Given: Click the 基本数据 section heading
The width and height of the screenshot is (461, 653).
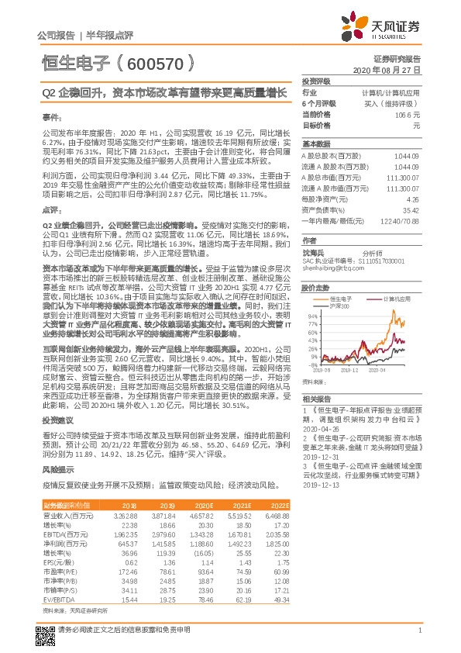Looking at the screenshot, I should [316, 144].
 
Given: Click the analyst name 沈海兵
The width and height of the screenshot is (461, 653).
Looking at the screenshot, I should [315, 252].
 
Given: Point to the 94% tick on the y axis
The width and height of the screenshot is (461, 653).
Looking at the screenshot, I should [314, 316].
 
